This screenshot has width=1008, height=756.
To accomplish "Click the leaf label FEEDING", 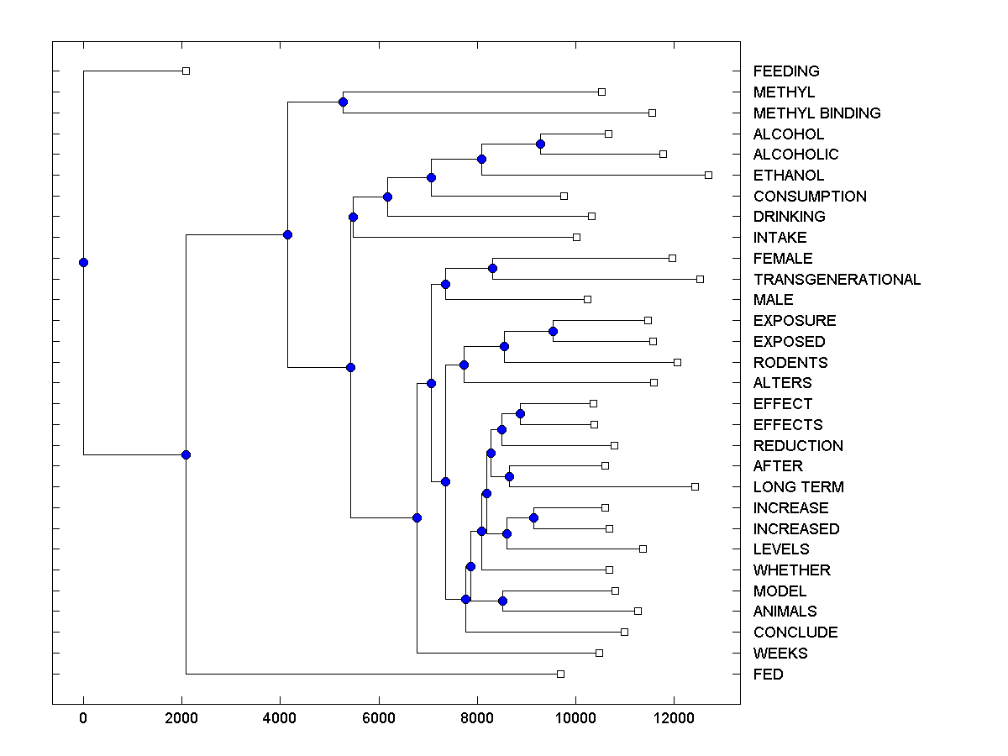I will click(x=786, y=71).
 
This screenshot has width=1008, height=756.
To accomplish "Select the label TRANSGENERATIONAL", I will click(x=837, y=280).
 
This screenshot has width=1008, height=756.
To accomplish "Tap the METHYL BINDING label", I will click(x=816, y=113).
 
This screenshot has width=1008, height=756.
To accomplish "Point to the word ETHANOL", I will click(x=789, y=176).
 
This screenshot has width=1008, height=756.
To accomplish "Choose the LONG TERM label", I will click(x=798, y=487).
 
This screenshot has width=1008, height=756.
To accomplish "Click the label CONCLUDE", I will click(x=795, y=633).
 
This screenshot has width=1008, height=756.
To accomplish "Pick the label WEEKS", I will click(x=780, y=654).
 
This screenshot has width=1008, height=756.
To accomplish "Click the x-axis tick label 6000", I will click(x=379, y=717).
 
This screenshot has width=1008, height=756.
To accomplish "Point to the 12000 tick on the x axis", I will click(x=674, y=717).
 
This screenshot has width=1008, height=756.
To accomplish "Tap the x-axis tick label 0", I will click(x=83, y=717).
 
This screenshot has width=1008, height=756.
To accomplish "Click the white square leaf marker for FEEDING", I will click(x=186, y=71).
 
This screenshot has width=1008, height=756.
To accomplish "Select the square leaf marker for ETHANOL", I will click(x=708, y=175).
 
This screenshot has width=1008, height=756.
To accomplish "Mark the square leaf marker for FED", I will click(x=561, y=674).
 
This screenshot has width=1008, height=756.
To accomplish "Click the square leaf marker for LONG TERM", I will click(x=695, y=486).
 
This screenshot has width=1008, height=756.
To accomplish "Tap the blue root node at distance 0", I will click(x=83, y=262).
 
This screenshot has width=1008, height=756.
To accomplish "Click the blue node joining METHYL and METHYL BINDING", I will click(x=343, y=102).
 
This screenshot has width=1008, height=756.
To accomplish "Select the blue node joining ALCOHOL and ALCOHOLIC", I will click(x=540, y=144).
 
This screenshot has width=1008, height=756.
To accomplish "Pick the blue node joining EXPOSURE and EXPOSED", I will click(x=553, y=331).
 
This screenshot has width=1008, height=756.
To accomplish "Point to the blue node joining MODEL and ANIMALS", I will click(x=502, y=601).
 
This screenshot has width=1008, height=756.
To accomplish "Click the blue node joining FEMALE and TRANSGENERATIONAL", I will click(x=492, y=268).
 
